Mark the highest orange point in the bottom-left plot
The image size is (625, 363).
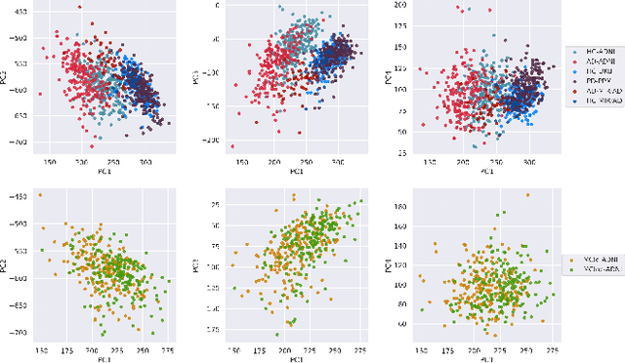(40, 194)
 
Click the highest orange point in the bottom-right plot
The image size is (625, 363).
(526, 194)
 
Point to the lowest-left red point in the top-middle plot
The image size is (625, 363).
(232, 145)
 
